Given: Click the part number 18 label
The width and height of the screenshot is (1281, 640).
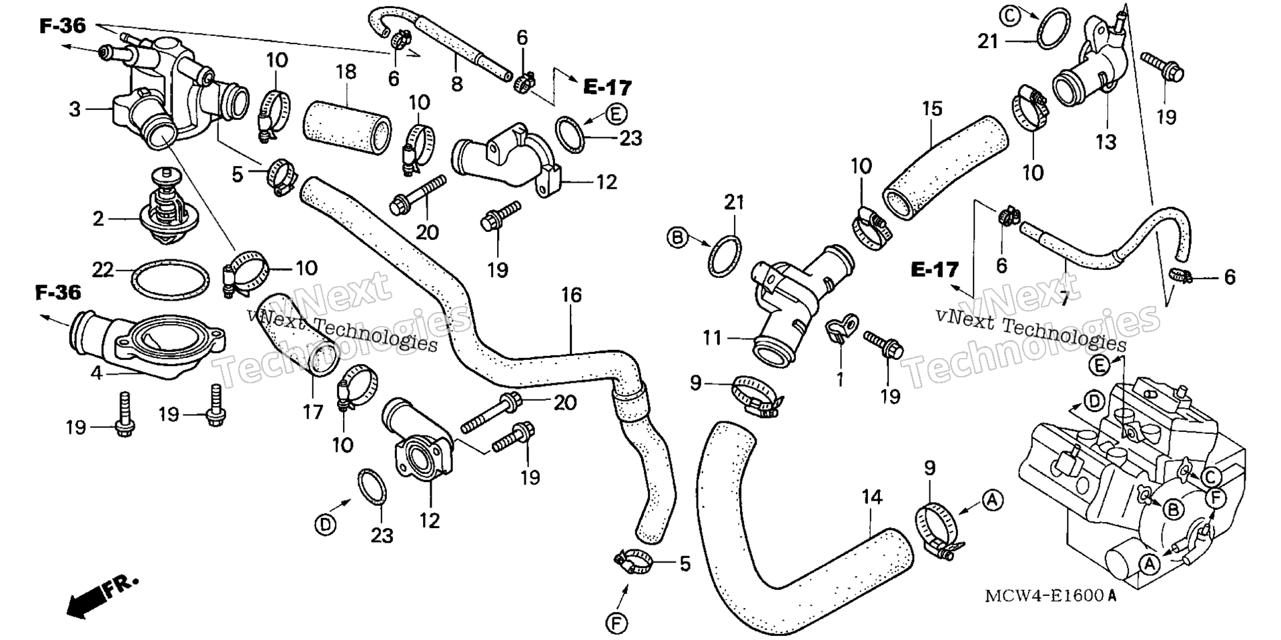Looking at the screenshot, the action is coord(346,73).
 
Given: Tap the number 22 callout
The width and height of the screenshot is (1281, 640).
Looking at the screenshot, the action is coord(103,270).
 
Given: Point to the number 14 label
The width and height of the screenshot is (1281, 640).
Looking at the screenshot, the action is coord(872,497).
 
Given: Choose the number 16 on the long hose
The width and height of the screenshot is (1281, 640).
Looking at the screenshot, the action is coord(572,295).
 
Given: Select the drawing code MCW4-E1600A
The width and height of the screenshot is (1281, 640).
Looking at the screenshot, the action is coord(1051,595).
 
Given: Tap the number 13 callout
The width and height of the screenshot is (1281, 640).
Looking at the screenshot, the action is coord(1106,141).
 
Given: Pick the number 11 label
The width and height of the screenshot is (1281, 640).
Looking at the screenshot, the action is coord(713,339).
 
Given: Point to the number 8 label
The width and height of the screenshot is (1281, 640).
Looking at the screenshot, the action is coord(456,83).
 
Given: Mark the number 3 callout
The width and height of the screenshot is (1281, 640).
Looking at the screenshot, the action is coord(75,109).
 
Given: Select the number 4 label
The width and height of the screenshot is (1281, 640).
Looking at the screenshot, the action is coord(97,373).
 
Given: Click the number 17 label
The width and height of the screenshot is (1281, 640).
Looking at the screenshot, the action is coord(313,412).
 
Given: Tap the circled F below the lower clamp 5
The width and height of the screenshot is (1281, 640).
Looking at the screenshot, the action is coord(616,623).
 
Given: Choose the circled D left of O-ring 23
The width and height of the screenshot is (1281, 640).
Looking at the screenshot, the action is coord(325,525).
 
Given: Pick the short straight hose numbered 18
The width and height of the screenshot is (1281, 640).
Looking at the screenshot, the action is coord(348,127).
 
